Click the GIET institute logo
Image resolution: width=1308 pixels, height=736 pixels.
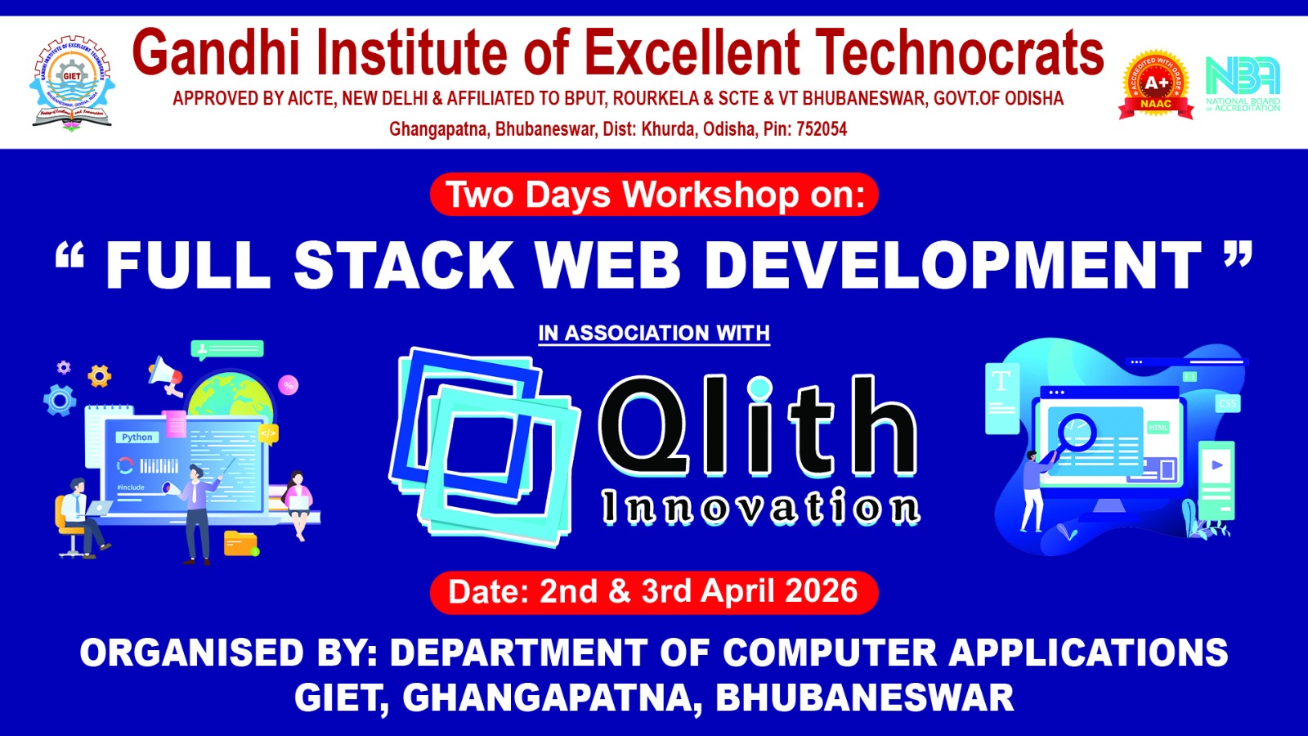point(72,82)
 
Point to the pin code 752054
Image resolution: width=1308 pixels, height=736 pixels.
point(821,129)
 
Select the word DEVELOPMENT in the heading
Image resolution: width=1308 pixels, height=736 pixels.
point(952,266)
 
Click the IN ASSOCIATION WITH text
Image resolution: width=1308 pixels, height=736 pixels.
point(654,334)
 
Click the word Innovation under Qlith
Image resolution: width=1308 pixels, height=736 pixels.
point(760,508)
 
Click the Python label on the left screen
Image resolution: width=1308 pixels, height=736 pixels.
point(137,438)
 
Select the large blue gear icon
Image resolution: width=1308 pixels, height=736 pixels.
point(60,401)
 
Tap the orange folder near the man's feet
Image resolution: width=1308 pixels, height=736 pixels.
point(240,543)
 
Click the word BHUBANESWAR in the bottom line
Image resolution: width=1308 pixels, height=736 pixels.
point(864,698)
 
